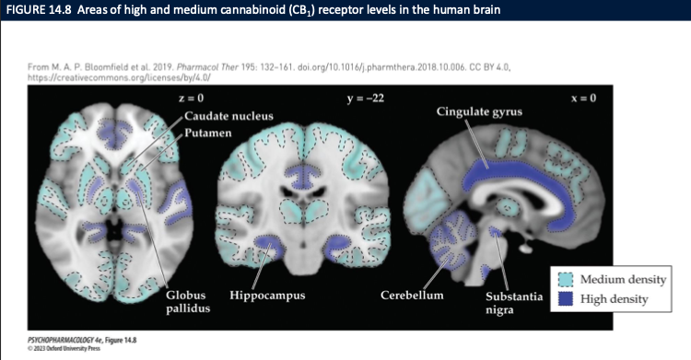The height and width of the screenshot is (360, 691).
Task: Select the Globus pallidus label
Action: pos(187,301)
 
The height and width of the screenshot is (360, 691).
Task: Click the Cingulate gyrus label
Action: pos(479,111)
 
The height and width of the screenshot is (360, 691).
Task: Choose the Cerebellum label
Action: pos(412,295)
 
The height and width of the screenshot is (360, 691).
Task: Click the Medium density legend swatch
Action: pos(568,279)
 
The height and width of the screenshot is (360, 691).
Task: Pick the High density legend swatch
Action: pos(568,298)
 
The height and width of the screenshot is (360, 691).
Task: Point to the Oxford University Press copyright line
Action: pos(52,348)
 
